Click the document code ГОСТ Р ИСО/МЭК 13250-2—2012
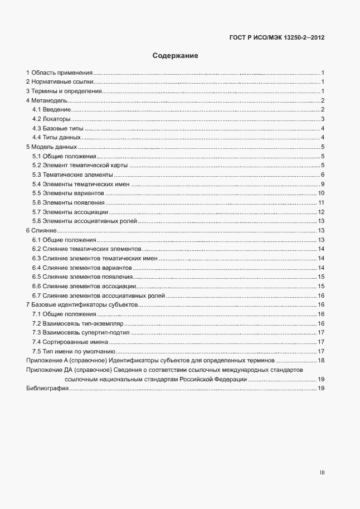click(277, 38)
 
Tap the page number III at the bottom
click(322, 473)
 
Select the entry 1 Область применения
click(59, 73)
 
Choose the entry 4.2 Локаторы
click(51, 119)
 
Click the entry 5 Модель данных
click(51, 147)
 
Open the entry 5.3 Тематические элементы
click(69, 174)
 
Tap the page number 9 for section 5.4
click(323, 184)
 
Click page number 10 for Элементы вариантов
click(321, 193)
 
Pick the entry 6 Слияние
click(41, 230)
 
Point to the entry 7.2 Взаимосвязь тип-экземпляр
click(77, 323)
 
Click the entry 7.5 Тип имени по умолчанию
click(74, 351)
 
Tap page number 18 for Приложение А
click(321, 361)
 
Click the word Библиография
click(47, 389)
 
